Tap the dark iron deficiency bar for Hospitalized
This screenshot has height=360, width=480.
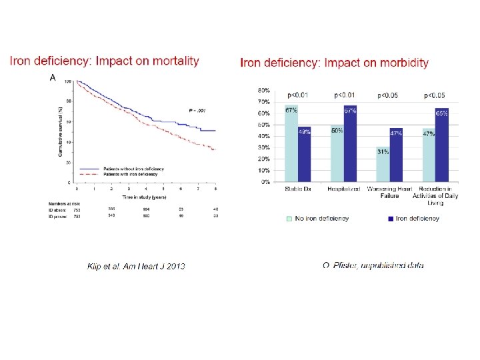tap(350, 143)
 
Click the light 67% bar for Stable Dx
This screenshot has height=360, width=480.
tap(291, 143)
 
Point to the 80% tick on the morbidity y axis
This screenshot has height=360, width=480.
tap(264, 90)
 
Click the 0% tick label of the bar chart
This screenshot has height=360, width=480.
tap(265, 181)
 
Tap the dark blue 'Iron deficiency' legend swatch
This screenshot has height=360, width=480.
tap(390, 218)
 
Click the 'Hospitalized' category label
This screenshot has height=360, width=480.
tap(343, 189)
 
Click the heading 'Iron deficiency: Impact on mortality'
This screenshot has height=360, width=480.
tap(104, 61)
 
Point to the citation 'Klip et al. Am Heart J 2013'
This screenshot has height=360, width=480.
tap(137, 266)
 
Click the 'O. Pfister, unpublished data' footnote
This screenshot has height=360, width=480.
tap(373, 265)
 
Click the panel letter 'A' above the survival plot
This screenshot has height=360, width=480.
tap(53, 78)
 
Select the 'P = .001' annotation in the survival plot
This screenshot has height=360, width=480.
tap(195, 109)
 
